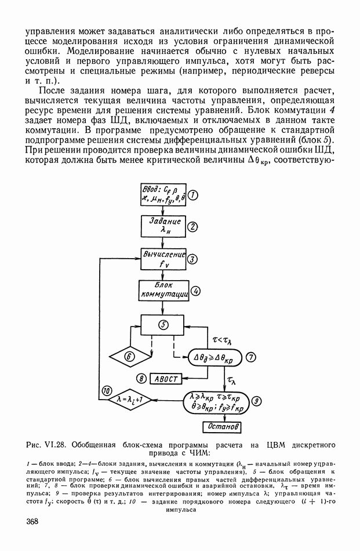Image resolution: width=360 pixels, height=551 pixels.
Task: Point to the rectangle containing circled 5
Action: point(164,325)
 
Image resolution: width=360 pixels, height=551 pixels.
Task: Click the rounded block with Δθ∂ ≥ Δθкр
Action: point(216,357)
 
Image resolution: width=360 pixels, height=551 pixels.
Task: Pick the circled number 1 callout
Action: point(195,195)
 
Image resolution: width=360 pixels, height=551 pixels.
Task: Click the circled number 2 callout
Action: point(195,226)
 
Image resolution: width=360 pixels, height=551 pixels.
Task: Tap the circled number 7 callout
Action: point(251,357)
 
